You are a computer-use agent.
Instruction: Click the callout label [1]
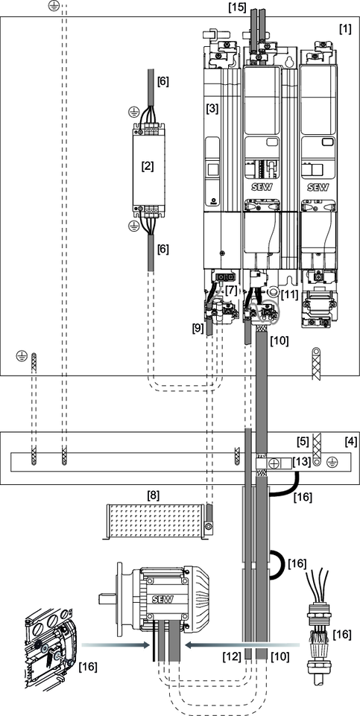click(x=345, y=29)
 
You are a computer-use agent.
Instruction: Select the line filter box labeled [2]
click(x=148, y=166)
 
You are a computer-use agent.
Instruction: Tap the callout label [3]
click(x=212, y=109)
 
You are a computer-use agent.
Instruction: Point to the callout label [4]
click(x=350, y=442)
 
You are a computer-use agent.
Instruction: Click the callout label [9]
click(x=198, y=327)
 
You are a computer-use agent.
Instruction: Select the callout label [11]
click(x=290, y=293)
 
